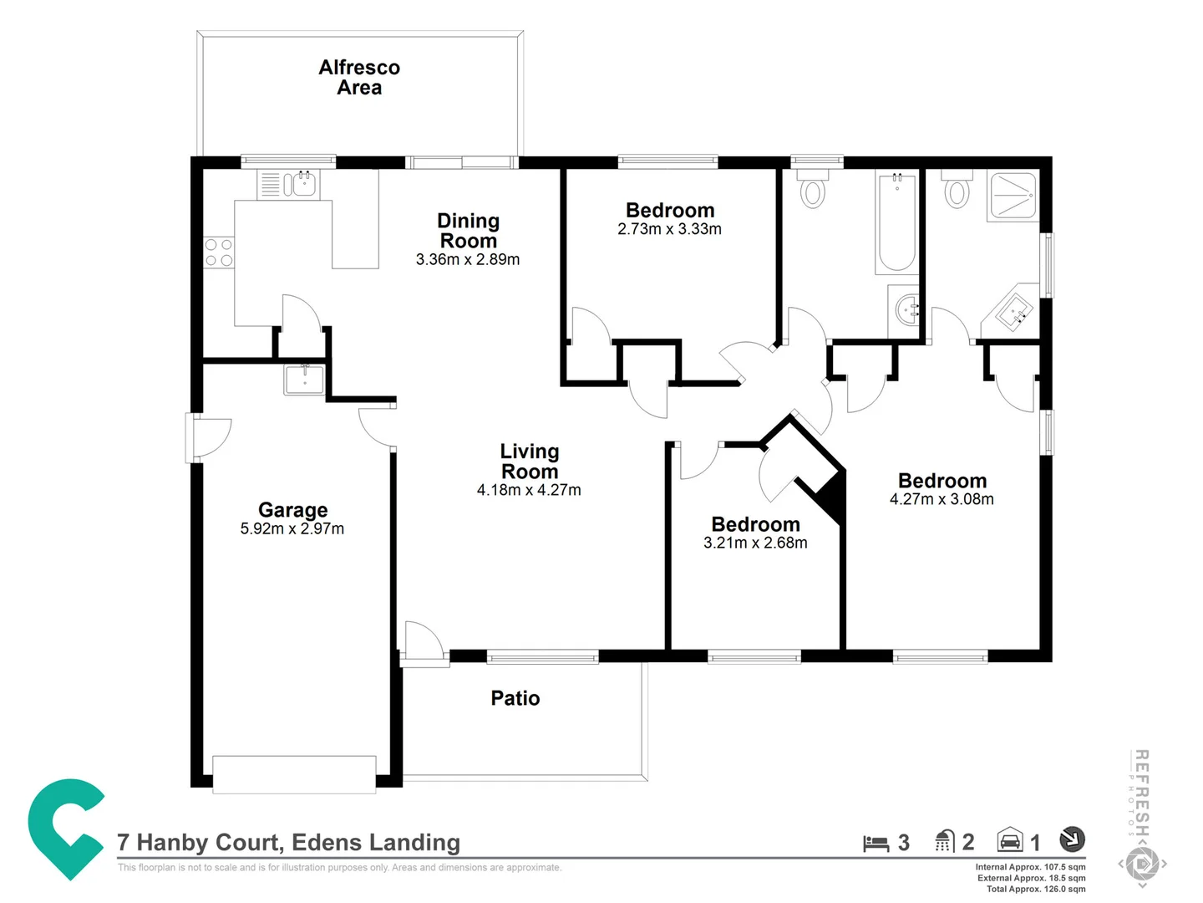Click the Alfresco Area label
pos(359,78)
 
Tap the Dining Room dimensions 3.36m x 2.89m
pos(468,260)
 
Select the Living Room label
pos(530,462)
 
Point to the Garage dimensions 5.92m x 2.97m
pos(292,529)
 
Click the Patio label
pos(515,699)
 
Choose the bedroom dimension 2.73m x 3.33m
pos(669,229)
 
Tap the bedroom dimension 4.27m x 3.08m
pos(942,500)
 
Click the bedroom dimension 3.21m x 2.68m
pos(755,543)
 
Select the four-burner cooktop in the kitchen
pos(219,253)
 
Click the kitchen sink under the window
pos(301,184)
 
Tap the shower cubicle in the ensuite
pos(1013,196)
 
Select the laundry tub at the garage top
pos(304,380)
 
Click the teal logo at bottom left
pos(65,828)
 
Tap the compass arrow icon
pos(1072,839)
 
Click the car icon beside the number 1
pos(1010,840)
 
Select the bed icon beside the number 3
pos(876,843)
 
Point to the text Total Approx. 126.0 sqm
pos(1036,890)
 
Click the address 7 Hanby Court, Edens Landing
pos(289,843)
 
